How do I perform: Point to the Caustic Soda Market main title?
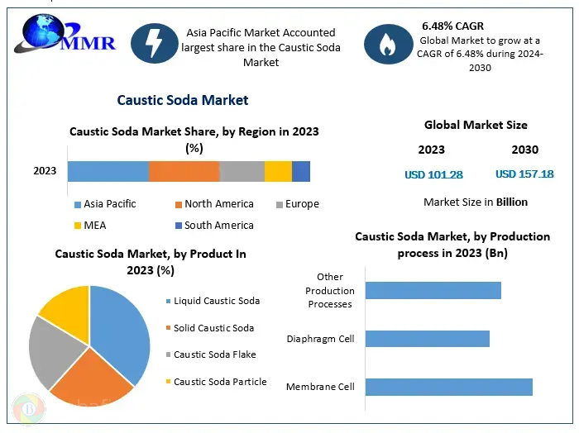tap(183, 100)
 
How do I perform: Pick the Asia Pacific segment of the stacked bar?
tap(108, 171)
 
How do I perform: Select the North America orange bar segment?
tap(184, 171)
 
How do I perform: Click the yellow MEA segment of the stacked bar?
tap(278, 171)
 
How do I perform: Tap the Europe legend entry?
tap(297, 204)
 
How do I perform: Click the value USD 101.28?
tap(433, 174)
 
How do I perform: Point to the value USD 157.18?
tap(524, 174)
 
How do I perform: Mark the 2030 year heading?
tap(524, 150)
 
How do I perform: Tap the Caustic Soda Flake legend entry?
tap(214, 354)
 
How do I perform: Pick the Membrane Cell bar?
tap(448, 387)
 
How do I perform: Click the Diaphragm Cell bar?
tap(427, 339)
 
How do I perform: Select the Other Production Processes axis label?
tap(330, 290)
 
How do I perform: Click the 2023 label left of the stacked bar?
tap(45, 171)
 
